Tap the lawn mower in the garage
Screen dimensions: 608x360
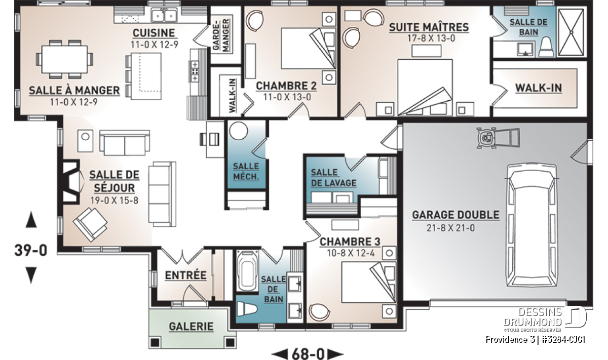pyautogui.click(x=499, y=138)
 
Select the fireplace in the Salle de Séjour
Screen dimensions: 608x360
pyautogui.click(x=70, y=181)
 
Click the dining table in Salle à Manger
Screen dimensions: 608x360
pyautogui.click(x=65, y=59)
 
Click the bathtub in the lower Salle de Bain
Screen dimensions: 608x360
pyautogui.click(x=247, y=271)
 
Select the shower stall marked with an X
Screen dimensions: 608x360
pyautogui.click(x=571, y=33)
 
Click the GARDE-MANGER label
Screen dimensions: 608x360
pyautogui.click(x=221, y=35)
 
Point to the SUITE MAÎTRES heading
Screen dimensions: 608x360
pyautogui.click(x=429, y=27)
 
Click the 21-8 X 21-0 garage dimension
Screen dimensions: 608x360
pyautogui.click(x=451, y=228)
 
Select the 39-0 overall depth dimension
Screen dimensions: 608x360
pyautogui.click(x=31, y=250)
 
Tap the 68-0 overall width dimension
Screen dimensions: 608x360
pyautogui.click(x=308, y=354)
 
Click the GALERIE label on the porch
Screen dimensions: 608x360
pyautogui.click(x=191, y=327)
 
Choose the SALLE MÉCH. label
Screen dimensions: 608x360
pyautogui.click(x=246, y=172)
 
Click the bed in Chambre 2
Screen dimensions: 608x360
pyautogui.click(x=308, y=48)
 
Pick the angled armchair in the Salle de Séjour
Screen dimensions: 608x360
pyautogui.click(x=90, y=224)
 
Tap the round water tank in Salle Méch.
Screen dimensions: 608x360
pyautogui.click(x=239, y=131)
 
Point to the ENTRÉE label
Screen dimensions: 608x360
pyautogui.click(x=185, y=275)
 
